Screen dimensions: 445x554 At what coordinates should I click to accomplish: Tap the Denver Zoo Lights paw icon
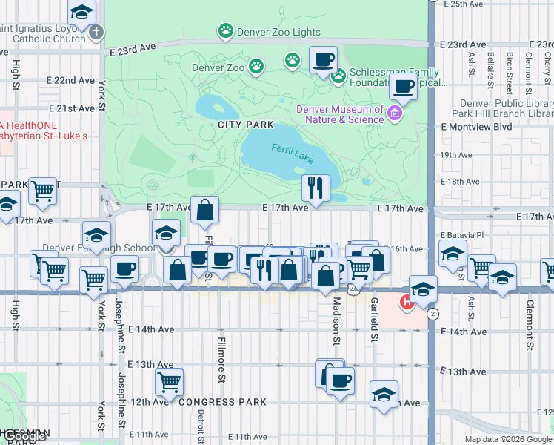point(225,31)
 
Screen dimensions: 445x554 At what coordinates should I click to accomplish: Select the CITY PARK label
point(246,125)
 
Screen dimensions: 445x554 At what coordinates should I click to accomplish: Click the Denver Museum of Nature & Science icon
point(395,113)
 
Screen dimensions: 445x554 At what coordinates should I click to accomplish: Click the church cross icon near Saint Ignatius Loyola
point(96,33)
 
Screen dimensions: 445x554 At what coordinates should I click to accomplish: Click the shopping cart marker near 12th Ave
point(170,383)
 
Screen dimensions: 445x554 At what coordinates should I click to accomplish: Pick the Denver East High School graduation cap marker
point(167,233)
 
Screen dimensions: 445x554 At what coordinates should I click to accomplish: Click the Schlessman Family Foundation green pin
point(339,76)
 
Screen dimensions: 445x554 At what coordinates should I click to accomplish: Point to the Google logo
point(25,437)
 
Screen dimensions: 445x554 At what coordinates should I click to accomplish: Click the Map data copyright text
point(508,439)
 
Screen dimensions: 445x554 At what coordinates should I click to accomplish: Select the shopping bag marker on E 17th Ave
point(204,211)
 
